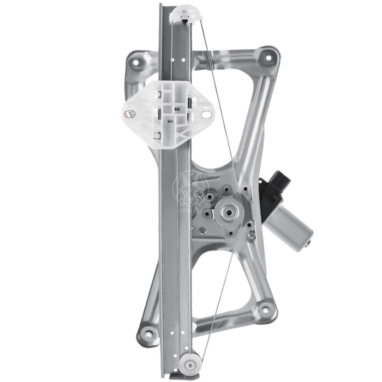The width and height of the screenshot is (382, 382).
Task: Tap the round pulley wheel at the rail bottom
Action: point(191,361)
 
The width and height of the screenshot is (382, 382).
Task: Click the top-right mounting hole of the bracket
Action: point(267,56)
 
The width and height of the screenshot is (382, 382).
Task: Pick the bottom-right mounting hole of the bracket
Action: point(265,311)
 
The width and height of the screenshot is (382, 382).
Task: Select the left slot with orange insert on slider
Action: point(129,114)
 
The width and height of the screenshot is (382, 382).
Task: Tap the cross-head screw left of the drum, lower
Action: point(202,231)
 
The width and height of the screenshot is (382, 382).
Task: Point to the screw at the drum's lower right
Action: point(250,235)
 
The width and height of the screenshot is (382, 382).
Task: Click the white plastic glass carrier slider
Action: point(166,114)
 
